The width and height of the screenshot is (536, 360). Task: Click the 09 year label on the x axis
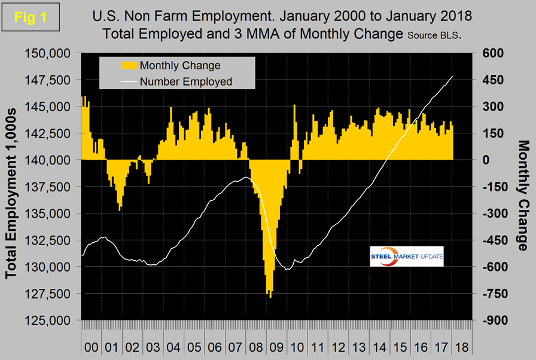coord(278,346)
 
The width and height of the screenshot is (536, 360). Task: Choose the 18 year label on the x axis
coord(463,346)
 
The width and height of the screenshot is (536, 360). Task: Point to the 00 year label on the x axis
coord(92,346)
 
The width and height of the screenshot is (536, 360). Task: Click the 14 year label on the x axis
coord(380,346)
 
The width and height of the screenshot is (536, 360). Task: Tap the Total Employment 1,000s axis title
coord(11,187)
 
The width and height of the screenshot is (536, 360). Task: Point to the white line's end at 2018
coord(453,77)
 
